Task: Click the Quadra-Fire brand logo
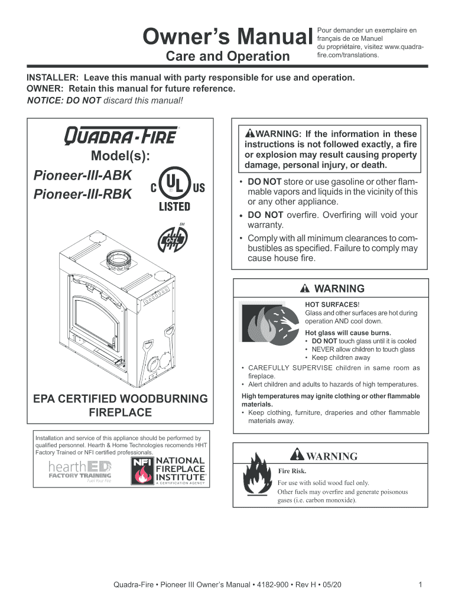click(x=120, y=136)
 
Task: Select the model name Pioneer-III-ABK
click(x=83, y=177)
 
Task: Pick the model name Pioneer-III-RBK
click(x=83, y=195)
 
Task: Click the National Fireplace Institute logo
click(x=168, y=470)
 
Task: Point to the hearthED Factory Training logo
click(x=80, y=471)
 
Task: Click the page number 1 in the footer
click(x=419, y=585)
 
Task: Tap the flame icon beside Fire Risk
click(x=258, y=479)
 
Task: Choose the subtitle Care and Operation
click(x=227, y=57)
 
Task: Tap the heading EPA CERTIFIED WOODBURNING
click(x=120, y=398)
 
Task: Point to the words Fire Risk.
click(x=292, y=471)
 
